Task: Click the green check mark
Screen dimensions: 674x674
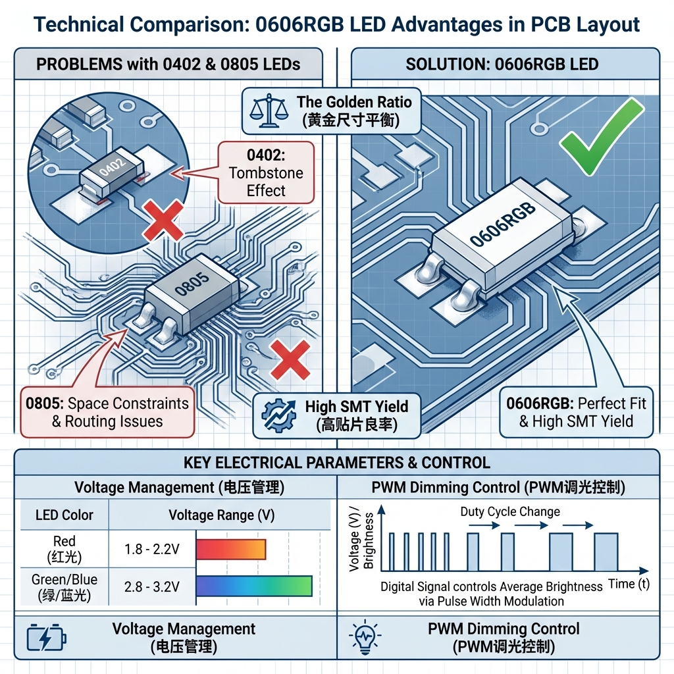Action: (x=600, y=137)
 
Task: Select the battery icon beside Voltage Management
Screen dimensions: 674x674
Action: (x=45, y=637)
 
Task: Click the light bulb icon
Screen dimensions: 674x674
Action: (x=363, y=637)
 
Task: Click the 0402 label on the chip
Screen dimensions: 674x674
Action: (x=111, y=167)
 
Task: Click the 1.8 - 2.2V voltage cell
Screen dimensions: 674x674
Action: (x=151, y=549)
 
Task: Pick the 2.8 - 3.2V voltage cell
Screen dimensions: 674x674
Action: (x=151, y=586)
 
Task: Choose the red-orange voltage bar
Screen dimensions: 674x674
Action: (x=230, y=549)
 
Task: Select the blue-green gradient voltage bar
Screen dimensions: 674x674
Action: (x=253, y=586)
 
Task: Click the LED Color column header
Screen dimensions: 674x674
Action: (x=64, y=515)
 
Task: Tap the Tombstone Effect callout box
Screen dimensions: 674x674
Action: (x=266, y=173)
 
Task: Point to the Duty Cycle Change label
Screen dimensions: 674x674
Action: (x=510, y=511)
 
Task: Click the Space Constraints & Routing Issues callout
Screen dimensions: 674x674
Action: (x=107, y=413)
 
